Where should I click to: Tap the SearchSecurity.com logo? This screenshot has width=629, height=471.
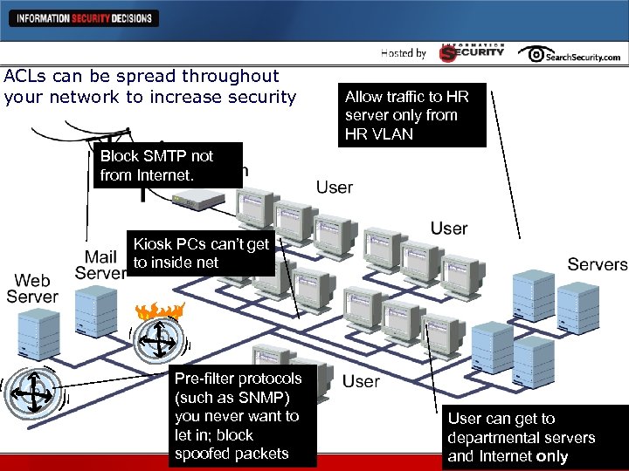[569, 55]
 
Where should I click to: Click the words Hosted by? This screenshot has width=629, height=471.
[404, 54]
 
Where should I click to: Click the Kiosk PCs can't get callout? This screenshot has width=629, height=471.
[202, 253]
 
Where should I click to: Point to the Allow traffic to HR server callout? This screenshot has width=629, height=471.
[411, 115]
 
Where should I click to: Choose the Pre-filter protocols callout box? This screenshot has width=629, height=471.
[238, 416]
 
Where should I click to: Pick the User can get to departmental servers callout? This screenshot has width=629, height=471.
[522, 438]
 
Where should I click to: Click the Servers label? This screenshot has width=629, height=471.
[598, 264]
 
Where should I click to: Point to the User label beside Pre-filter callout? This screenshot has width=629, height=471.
[361, 381]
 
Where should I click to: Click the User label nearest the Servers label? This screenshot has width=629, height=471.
[449, 229]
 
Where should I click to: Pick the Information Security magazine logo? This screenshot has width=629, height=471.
[471, 52]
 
